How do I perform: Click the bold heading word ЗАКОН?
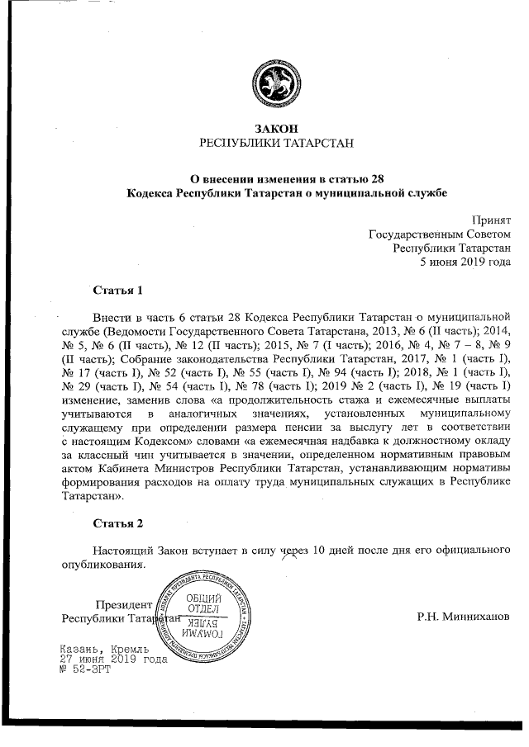point(276,129)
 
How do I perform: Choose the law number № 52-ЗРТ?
point(84,669)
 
